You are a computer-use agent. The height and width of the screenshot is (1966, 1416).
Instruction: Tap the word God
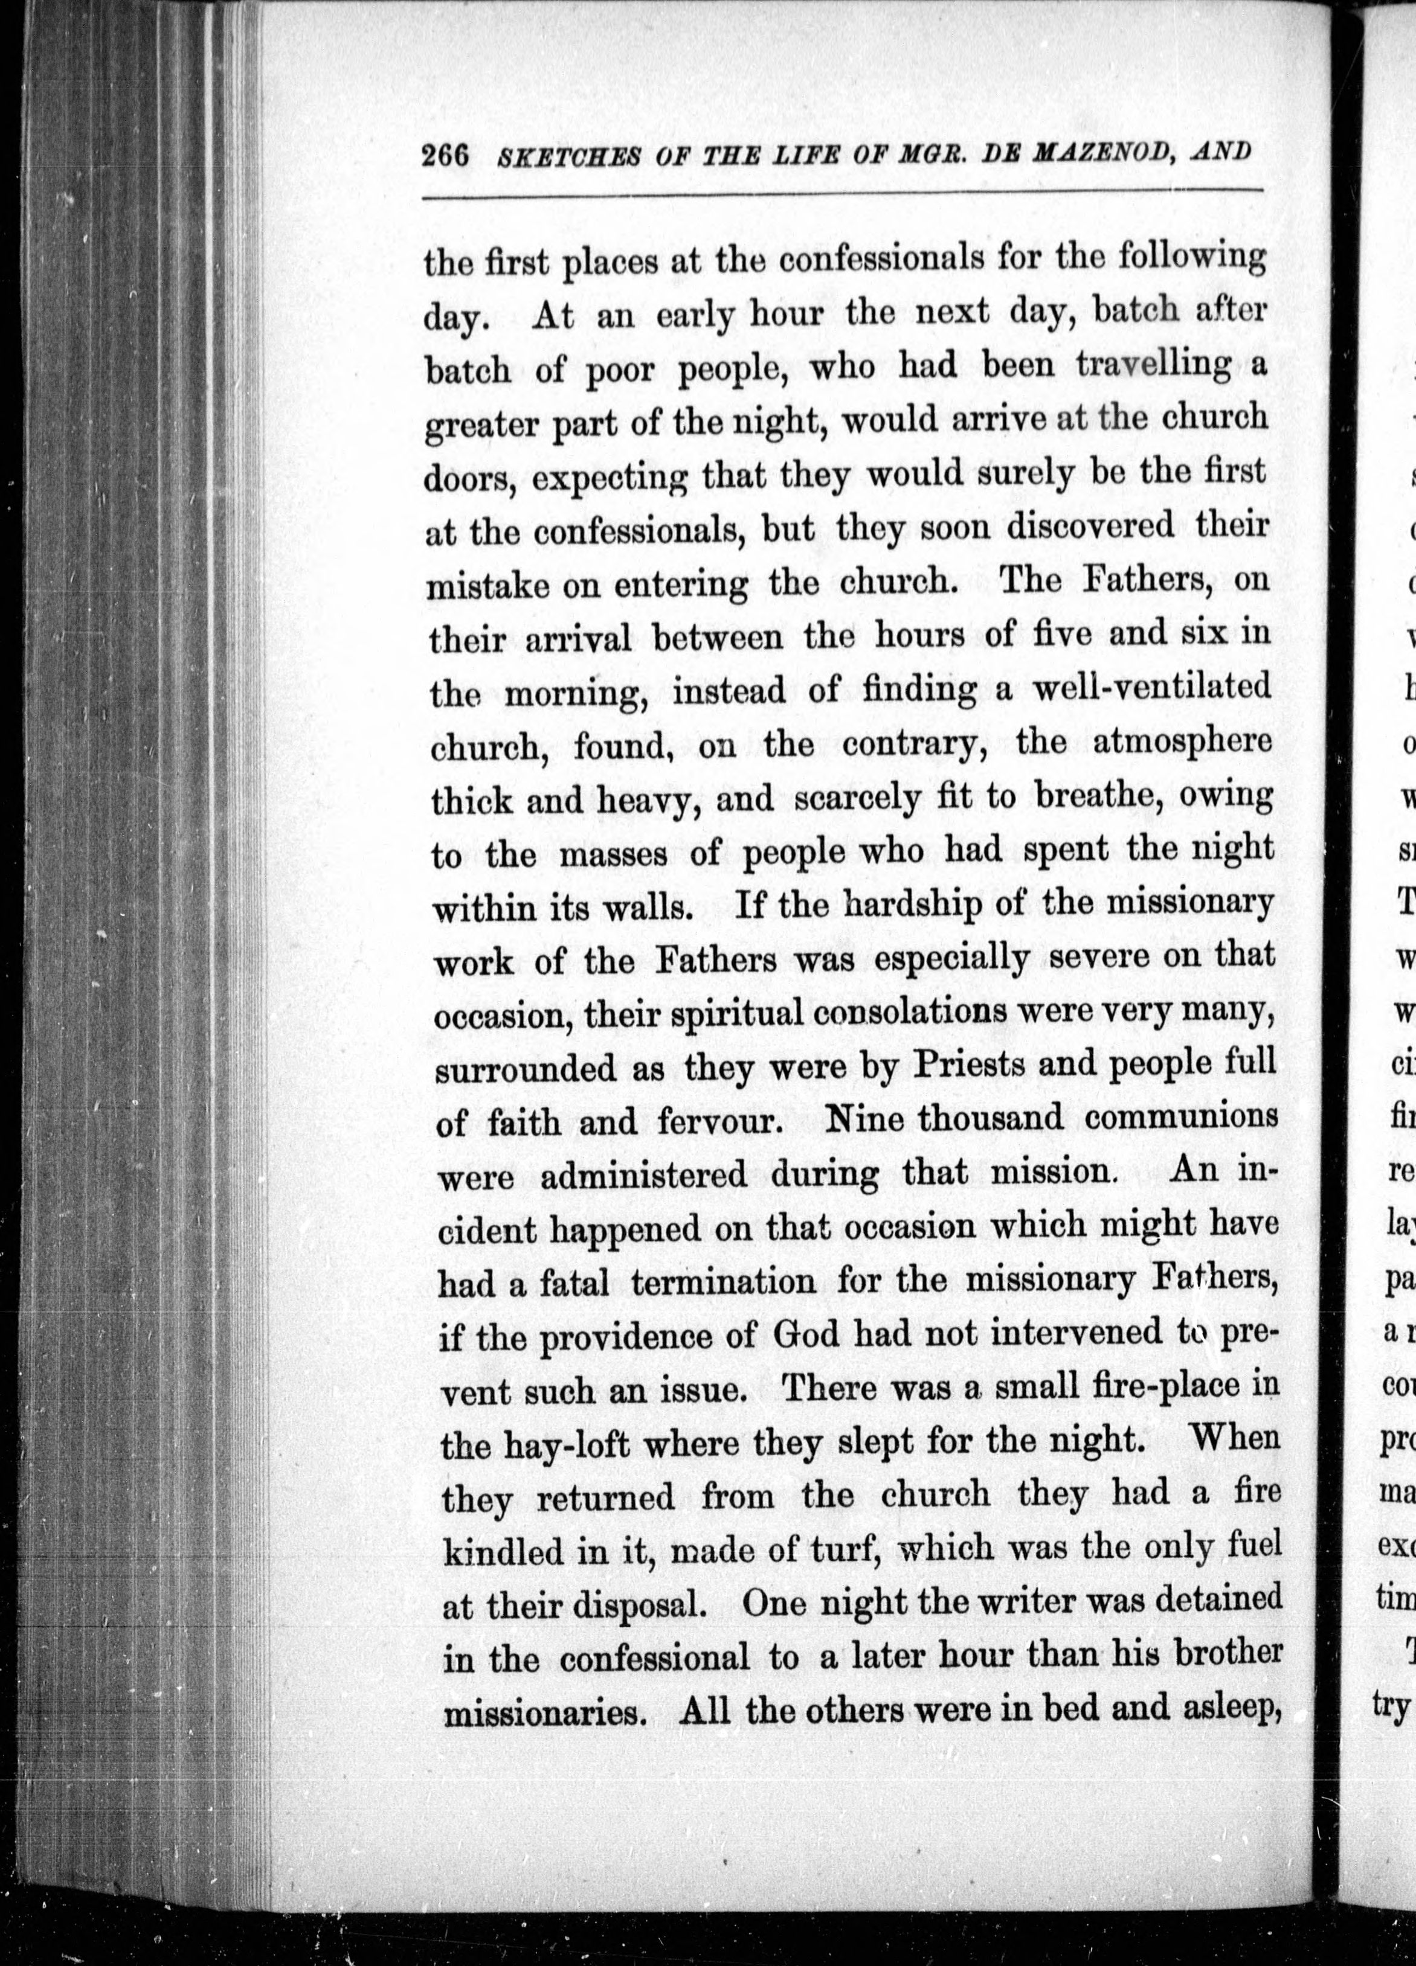click(805, 1334)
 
